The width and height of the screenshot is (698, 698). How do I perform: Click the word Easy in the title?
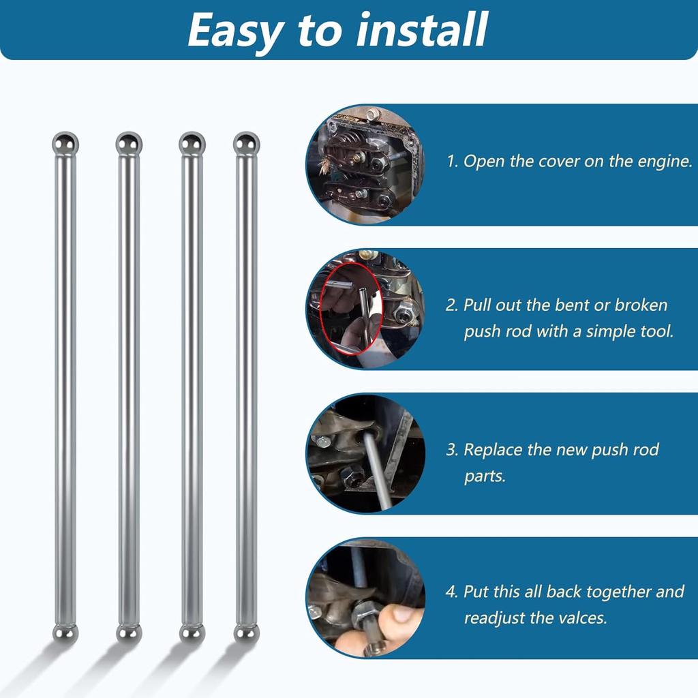tap(236, 32)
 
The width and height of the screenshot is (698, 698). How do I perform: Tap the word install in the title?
tap(422, 29)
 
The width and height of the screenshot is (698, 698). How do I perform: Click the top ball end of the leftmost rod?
tap(65, 143)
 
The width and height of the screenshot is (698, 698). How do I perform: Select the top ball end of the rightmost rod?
tap(246, 143)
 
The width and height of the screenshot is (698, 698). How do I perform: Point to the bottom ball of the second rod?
tap(129, 633)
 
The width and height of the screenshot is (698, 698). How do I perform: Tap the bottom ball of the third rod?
tap(192, 633)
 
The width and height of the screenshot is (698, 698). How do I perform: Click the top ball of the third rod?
tap(192, 143)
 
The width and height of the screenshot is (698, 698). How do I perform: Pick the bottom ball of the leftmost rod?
tap(65, 633)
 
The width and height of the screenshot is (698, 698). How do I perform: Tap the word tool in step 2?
tap(656, 331)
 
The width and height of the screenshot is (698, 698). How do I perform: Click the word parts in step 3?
tap(485, 476)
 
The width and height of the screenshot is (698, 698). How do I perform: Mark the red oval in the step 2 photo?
tap(320, 309)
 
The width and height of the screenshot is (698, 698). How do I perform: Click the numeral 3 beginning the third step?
tap(451, 450)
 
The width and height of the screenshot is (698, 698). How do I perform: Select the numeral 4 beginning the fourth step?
tap(451, 592)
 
